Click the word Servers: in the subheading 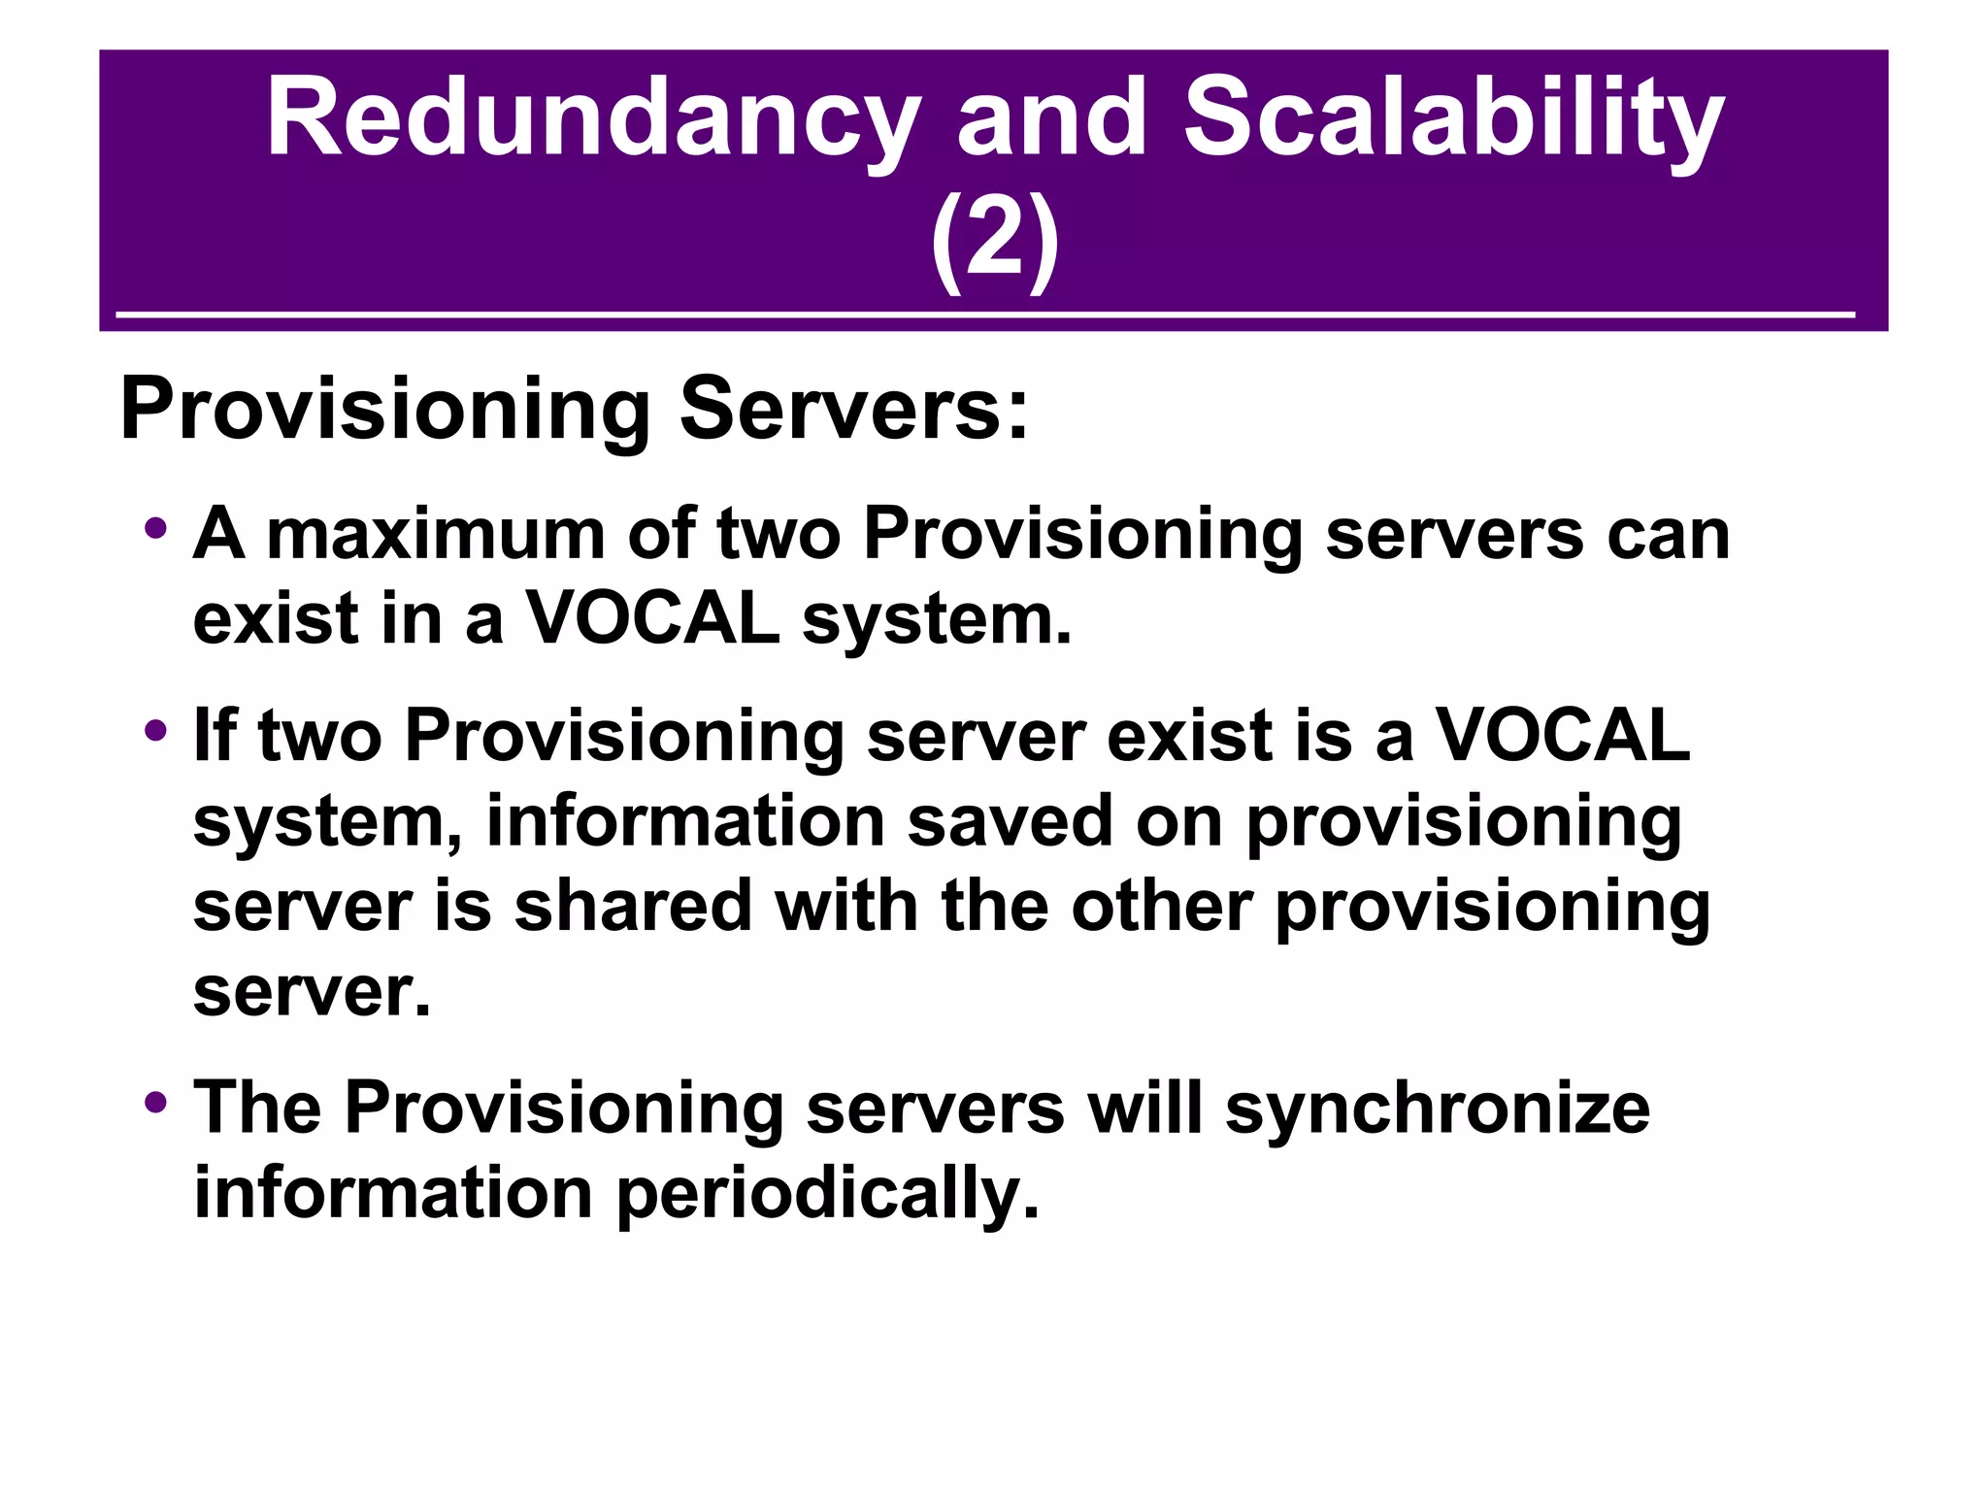[853, 409]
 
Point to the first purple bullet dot [155, 530]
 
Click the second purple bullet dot [155, 731]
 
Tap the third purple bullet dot [155, 1104]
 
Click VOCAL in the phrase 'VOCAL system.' [652, 618]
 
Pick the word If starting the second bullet [214, 735]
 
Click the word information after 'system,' [685, 820]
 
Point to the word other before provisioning [1161, 906]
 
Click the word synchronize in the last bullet [1437, 1108]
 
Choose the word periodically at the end [828, 1193]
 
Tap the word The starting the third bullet [257, 1108]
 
